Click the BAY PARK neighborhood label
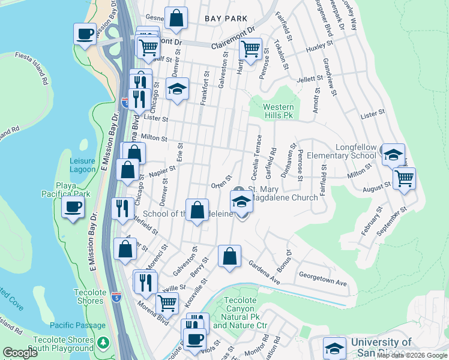point(226,19)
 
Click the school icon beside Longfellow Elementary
point(393,155)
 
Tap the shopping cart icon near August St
point(405,177)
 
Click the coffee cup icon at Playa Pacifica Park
point(73,207)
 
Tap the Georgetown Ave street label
point(324,282)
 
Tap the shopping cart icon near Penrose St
point(250,48)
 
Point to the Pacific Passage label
point(77,325)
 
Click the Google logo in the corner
point(20,353)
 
